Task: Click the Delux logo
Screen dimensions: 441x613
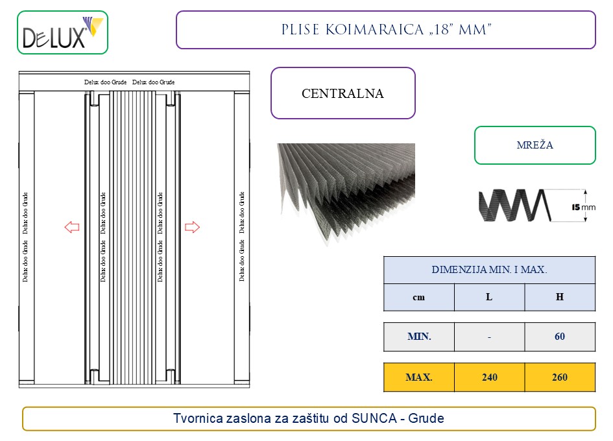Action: tap(62, 32)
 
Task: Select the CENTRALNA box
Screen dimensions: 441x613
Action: tap(343, 93)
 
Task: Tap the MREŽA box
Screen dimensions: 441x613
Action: tap(535, 145)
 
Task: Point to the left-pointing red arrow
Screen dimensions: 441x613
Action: tap(71, 227)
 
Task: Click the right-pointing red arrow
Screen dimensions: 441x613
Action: tap(192, 227)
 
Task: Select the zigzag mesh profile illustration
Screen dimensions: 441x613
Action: tap(516, 206)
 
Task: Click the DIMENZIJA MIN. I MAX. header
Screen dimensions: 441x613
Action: tap(489, 270)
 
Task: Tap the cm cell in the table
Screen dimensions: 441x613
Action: tap(419, 297)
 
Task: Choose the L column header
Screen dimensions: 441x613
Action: tap(489, 297)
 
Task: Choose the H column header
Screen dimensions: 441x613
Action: tap(559, 297)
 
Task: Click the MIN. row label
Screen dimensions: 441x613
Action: tap(419, 337)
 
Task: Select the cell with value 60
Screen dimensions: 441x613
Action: tap(559, 337)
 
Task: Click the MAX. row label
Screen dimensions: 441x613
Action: tap(419, 377)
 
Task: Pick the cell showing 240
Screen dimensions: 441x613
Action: tap(489, 377)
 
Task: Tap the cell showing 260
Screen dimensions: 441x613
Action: tap(559, 377)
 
